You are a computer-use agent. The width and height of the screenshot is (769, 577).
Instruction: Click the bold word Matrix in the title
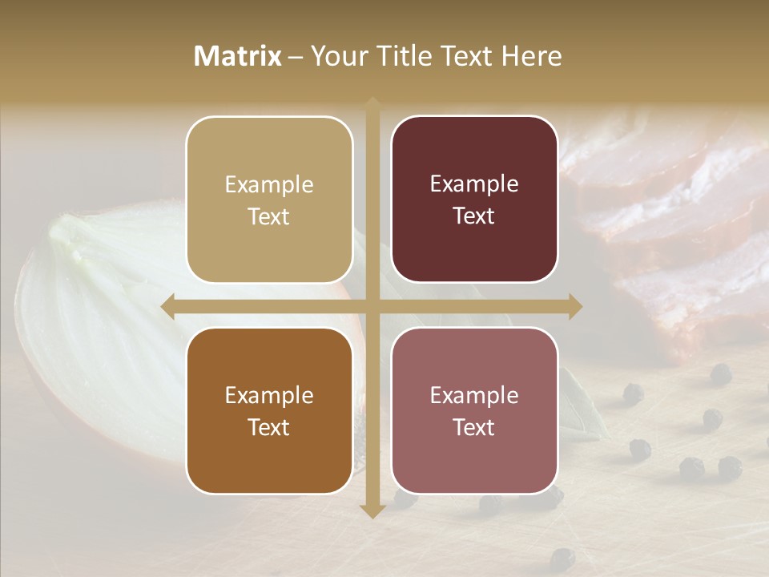click(x=237, y=56)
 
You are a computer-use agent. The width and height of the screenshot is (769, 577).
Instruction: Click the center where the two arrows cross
click(x=372, y=306)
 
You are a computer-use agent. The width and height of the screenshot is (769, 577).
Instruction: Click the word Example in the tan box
click(x=269, y=184)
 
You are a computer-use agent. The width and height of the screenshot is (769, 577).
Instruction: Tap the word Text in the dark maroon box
click(x=474, y=216)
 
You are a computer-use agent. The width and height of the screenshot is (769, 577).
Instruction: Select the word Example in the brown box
click(x=269, y=395)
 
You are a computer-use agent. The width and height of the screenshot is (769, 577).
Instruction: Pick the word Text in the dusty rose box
click(x=474, y=428)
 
